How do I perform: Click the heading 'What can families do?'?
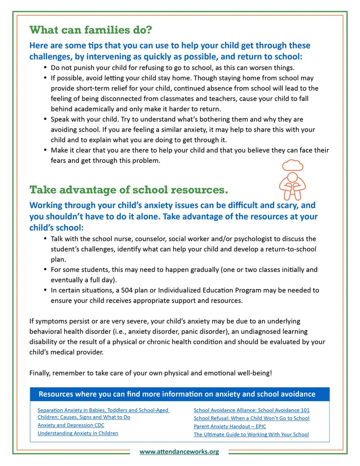click(x=91, y=30)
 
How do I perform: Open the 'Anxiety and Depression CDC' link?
click(x=71, y=425)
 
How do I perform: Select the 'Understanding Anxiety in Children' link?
click(x=78, y=433)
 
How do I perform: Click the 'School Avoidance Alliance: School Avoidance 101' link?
click(x=252, y=410)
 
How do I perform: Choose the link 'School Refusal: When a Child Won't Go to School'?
click(x=252, y=418)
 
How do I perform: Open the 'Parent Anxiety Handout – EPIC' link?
click(x=230, y=426)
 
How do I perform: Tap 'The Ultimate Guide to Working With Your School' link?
click(x=251, y=434)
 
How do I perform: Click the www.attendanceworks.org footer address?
click(x=179, y=452)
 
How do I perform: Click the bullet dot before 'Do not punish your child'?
click(x=45, y=68)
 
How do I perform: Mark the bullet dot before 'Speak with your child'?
click(x=45, y=119)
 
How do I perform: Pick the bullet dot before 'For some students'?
click(x=45, y=270)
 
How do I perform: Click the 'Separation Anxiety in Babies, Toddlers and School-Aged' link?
click(x=103, y=410)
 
